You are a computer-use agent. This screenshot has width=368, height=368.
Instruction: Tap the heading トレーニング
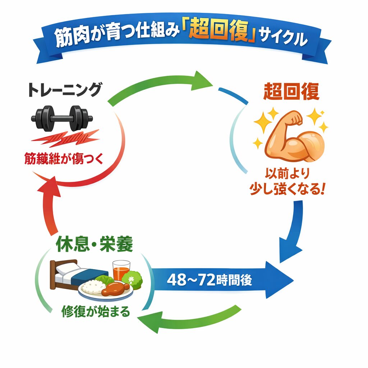click(x=64, y=90)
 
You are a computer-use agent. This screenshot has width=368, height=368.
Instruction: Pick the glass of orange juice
click(x=121, y=270)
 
